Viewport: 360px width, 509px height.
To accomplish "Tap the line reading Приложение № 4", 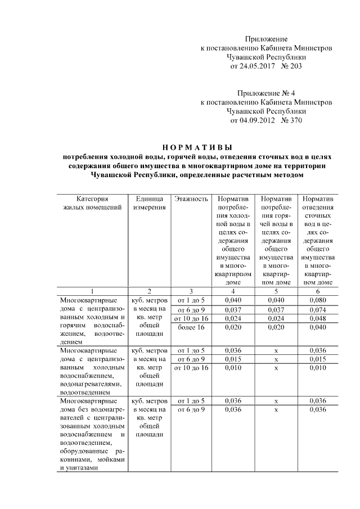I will [266, 93].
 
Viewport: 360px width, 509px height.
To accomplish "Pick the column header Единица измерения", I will [149, 203].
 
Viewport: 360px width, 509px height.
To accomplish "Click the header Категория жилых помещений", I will [92, 203].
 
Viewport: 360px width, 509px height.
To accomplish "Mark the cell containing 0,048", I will [318, 318].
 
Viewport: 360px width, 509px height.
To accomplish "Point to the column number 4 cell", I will [232, 291].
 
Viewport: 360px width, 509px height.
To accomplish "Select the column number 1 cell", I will [92, 291].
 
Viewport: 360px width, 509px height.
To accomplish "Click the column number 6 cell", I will [318, 291].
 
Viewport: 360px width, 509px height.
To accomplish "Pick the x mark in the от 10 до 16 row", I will [276, 367].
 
